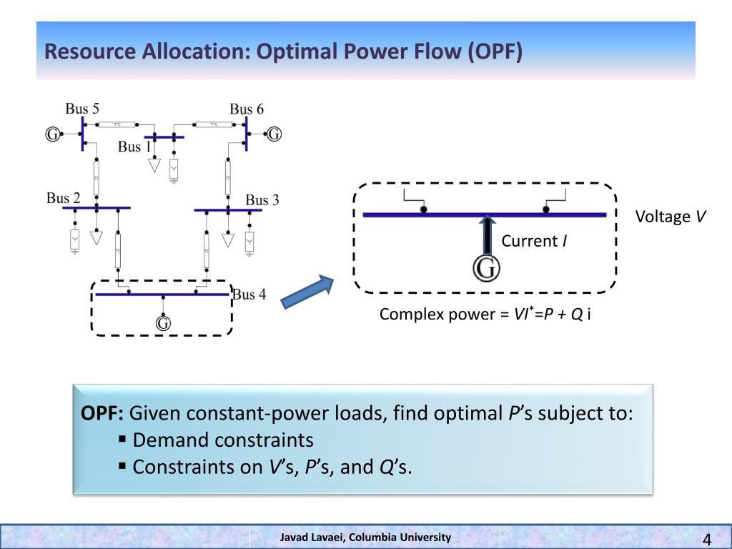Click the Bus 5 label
pyautogui.click(x=82, y=109)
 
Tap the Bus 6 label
pyautogui.click(x=247, y=109)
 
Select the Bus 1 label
pyautogui.click(x=134, y=147)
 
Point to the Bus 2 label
pyautogui.click(x=64, y=198)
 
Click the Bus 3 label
pyautogui.click(x=262, y=200)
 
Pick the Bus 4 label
pyautogui.click(x=249, y=295)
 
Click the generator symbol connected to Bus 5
pyautogui.click(x=52, y=134)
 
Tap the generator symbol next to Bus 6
pyautogui.click(x=274, y=134)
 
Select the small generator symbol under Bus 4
pyautogui.click(x=163, y=323)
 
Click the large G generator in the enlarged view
pyautogui.click(x=486, y=269)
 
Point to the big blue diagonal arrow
pyautogui.click(x=307, y=292)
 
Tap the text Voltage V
pyautogui.click(x=671, y=217)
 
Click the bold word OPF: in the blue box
pyautogui.click(x=103, y=413)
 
